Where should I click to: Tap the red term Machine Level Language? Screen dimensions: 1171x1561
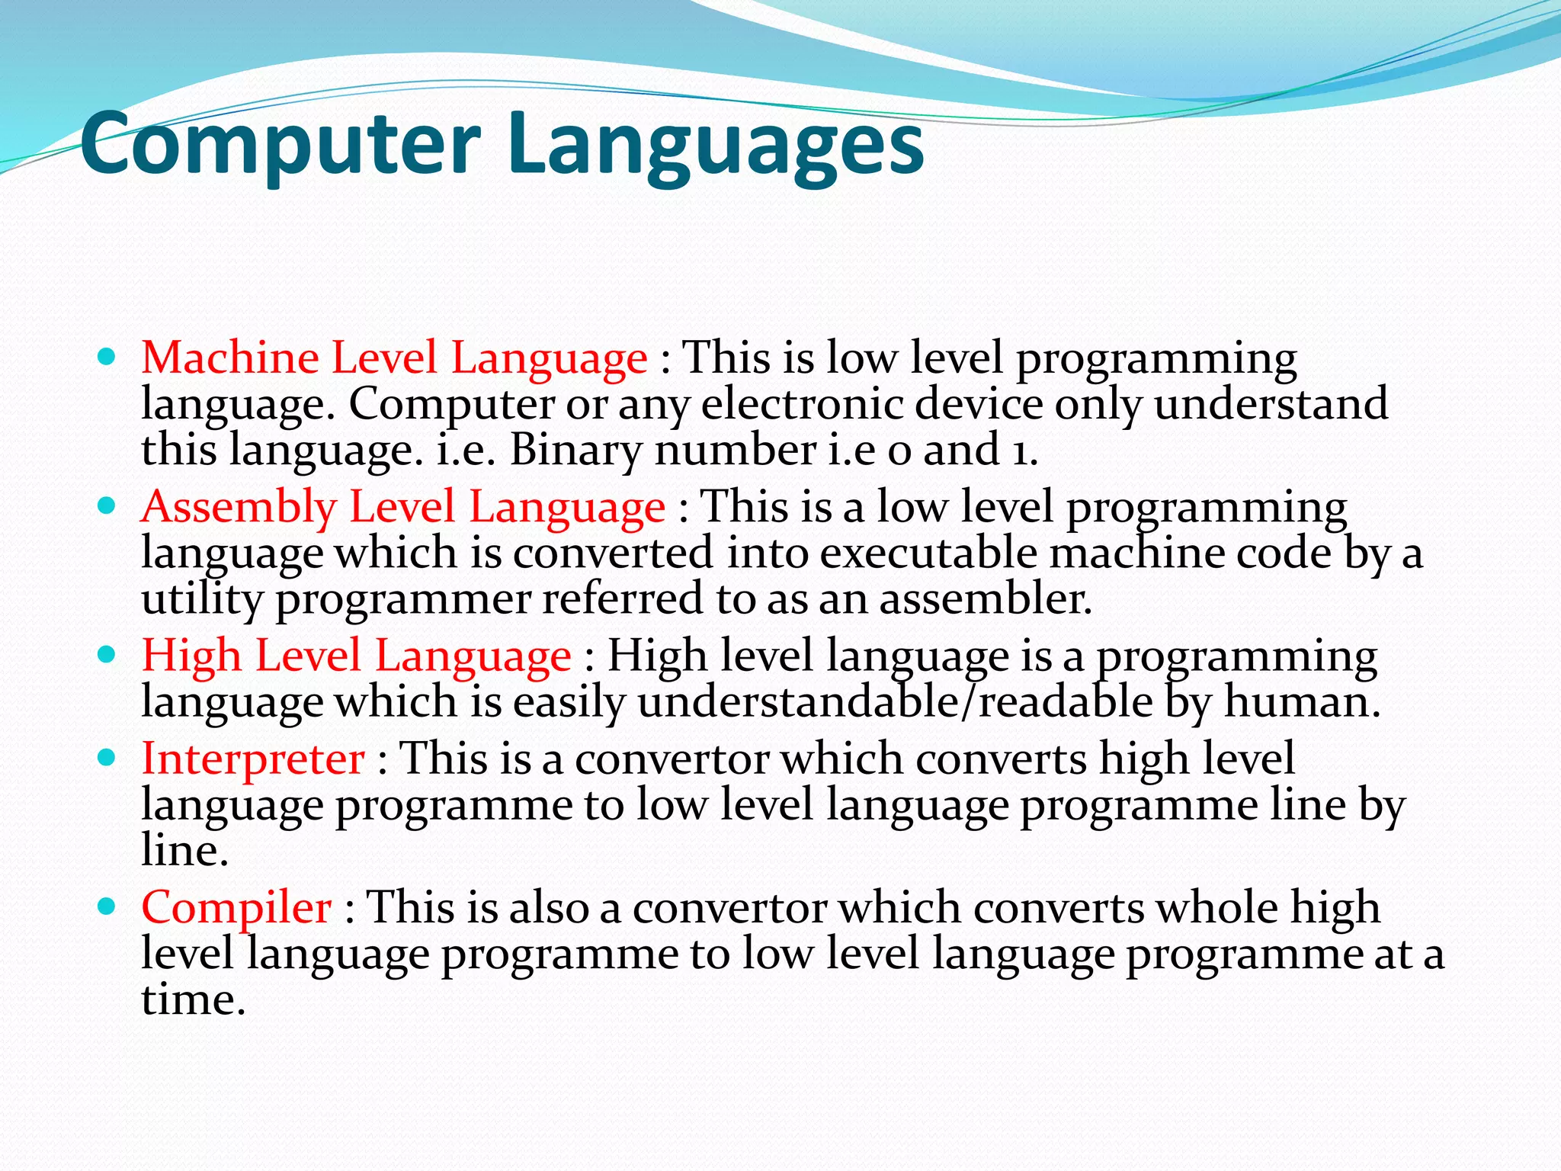click(x=394, y=358)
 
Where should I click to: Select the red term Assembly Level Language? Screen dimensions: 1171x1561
click(x=403, y=507)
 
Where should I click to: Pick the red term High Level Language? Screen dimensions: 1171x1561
click(x=356, y=656)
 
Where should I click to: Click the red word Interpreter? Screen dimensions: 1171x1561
click(x=253, y=759)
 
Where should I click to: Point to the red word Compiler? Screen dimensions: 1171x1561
click(x=236, y=907)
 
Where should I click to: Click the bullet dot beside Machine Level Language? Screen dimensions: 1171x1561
click(x=107, y=356)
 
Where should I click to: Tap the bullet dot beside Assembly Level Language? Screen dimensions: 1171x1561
click(x=107, y=505)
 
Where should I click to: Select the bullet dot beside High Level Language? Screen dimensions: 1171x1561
click(x=107, y=653)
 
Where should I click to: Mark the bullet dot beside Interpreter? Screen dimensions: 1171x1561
click(x=107, y=757)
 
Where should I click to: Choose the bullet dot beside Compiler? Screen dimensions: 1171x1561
click(x=107, y=906)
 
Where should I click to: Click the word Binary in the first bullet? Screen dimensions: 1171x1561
click(x=575, y=450)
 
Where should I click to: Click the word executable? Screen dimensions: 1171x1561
click(x=928, y=553)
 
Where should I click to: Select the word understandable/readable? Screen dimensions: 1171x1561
click(x=895, y=702)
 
